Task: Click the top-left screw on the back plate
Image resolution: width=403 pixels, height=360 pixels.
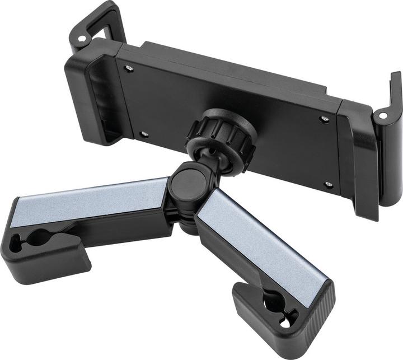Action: pyautogui.click(x=129, y=68)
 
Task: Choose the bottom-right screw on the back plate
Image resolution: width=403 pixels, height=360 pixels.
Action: pyautogui.click(x=329, y=184)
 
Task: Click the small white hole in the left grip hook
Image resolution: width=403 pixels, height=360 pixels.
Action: pyautogui.click(x=82, y=40)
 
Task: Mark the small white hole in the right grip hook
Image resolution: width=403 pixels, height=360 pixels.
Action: pyautogui.click(x=383, y=116)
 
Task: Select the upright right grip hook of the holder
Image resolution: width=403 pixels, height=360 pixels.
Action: pyautogui.click(x=392, y=101)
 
